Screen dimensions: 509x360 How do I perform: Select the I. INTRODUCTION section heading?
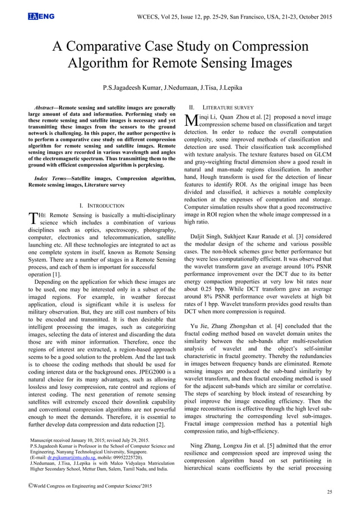pos(103,206)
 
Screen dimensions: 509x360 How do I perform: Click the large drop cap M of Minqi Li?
pos(192,120)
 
